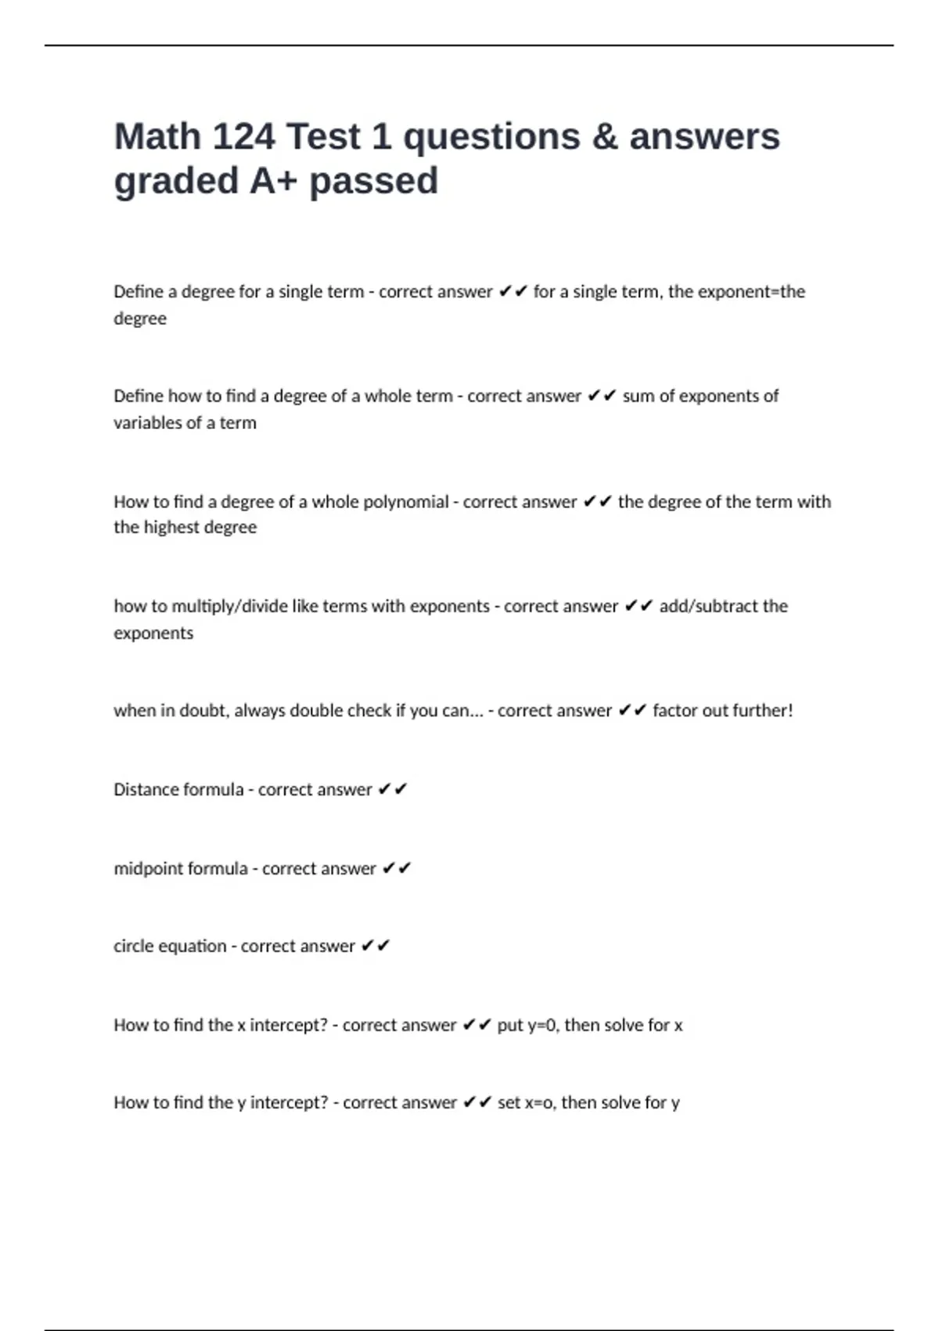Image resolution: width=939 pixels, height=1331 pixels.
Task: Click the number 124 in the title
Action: click(243, 137)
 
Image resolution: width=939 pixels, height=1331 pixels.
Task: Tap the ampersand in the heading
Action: click(605, 137)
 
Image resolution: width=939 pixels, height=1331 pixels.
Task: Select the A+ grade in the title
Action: click(275, 182)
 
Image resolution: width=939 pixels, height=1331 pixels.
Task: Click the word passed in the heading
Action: click(373, 182)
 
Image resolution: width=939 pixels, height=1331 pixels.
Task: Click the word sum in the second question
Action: click(639, 396)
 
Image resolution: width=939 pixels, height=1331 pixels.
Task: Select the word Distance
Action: click(144, 790)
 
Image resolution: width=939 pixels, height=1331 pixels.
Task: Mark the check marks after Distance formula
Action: click(393, 790)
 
